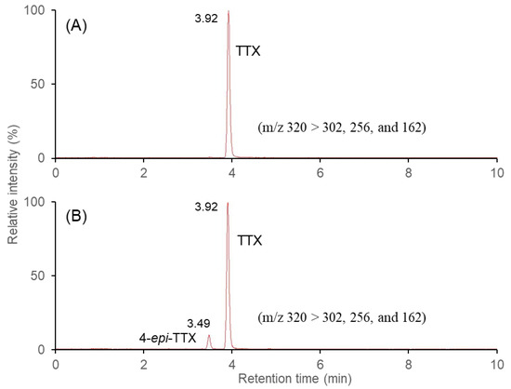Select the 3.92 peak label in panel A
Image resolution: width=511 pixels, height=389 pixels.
tap(205, 16)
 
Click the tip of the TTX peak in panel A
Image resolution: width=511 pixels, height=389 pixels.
tap(228, 12)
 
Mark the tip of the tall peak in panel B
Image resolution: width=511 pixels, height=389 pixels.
tap(228, 203)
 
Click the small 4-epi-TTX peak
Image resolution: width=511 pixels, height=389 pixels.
tap(209, 337)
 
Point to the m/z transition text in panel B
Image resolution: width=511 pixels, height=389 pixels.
tap(343, 317)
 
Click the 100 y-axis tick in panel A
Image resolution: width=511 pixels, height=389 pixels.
tap(36, 10)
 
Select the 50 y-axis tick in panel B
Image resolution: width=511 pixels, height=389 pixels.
tap(40, 275)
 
